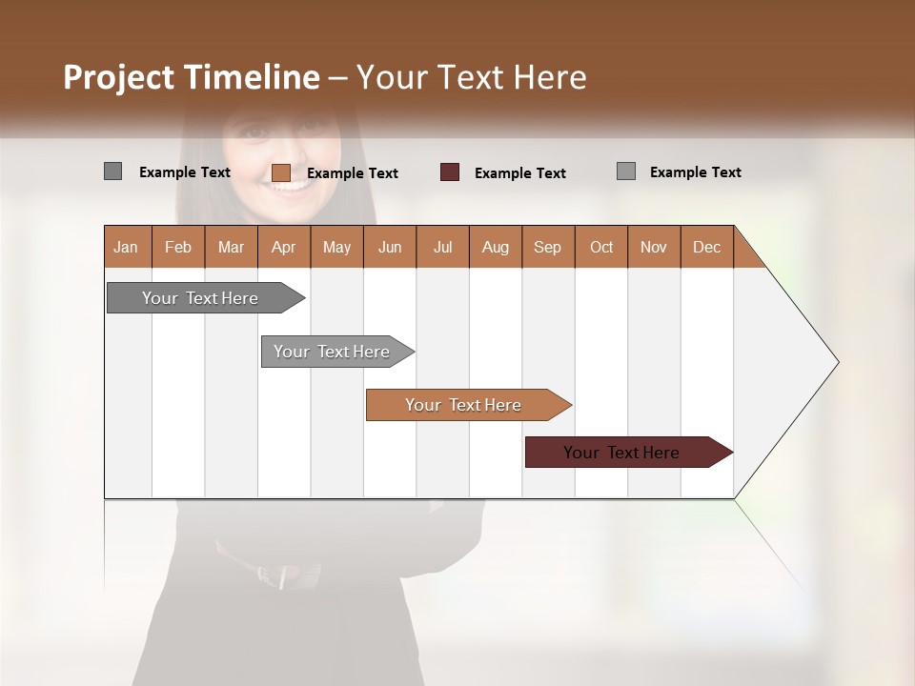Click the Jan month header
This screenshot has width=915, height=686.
[126, 247]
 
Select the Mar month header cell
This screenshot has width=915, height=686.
[231, 247]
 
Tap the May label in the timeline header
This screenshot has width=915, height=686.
[336, 247]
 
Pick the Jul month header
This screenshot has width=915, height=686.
[442, 247]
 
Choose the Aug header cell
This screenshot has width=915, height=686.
[495, 247]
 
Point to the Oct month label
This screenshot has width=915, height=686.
[601, 247]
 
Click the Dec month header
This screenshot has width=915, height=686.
[706, 247]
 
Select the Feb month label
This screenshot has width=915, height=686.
[178, 247]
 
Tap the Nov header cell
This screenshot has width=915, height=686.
[654, 247]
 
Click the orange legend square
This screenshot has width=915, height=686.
[281, 172]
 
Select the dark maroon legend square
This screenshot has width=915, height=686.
[450, 172]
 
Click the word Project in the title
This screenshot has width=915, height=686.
[118, 77]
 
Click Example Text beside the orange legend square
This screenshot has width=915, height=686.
[353, 173]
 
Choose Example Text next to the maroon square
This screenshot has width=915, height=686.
[520, 173]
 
